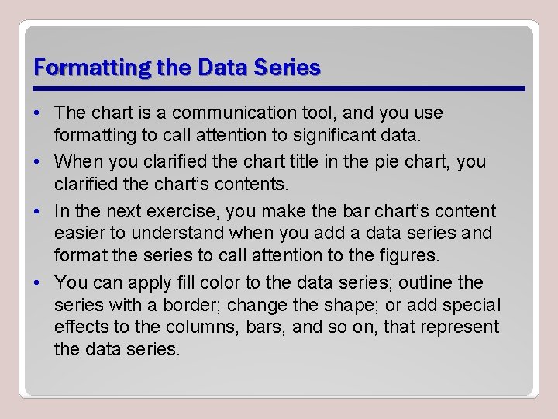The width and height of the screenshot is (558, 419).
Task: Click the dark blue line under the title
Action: (x=279, y=88)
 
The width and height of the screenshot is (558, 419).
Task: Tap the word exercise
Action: (x=207, y=211)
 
